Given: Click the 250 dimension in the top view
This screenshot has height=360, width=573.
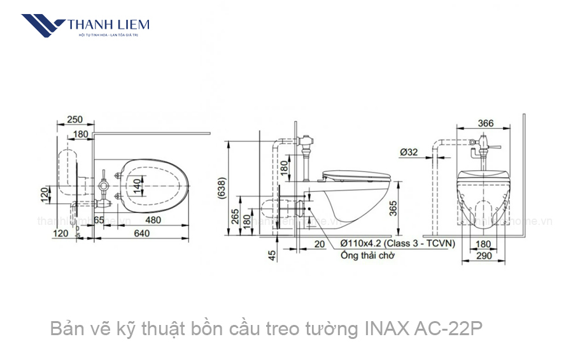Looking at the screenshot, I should coord(75,119).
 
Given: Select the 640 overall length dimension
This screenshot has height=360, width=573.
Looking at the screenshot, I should coord(142,233).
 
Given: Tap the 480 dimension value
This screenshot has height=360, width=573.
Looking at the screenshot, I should coord(152,220).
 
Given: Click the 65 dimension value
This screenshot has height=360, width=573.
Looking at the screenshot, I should coord(99,220).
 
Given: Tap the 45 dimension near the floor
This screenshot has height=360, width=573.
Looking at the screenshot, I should coord(272,254).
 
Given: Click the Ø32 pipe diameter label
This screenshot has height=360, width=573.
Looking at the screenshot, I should coord(409,152).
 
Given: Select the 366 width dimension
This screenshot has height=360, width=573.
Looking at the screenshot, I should coord(486,124).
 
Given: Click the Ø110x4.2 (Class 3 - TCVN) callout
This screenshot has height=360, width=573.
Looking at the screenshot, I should coord(397,243).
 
